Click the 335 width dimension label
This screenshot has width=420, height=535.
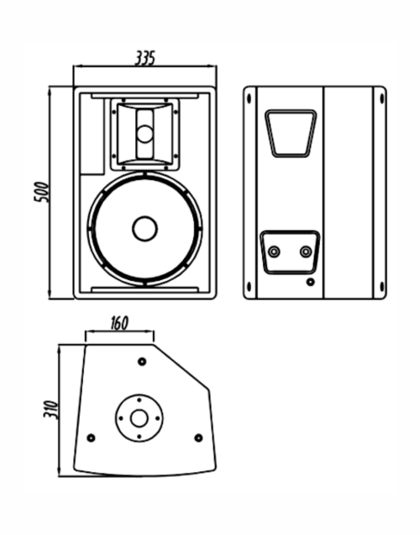point(145,58)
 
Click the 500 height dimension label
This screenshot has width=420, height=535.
point(41,192)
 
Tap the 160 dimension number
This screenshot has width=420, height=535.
point(119,323)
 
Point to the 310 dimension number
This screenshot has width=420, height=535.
point(51,409)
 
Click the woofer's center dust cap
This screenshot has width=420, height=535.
point(144,229)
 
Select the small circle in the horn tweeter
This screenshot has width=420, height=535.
point(145,134)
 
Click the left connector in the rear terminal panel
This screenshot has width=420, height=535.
point(274,252)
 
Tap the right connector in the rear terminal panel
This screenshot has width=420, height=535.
point(306,252)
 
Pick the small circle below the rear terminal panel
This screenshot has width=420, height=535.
point(310,282)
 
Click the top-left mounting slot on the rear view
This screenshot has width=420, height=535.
point(249,98)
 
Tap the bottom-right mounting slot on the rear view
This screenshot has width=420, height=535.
point(381,287)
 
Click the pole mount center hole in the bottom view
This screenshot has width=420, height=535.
point(139,418)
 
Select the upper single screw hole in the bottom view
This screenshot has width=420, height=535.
point(142,362)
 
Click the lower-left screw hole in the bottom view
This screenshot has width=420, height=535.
point(91,437)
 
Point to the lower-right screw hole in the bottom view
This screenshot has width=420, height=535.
point(198,437)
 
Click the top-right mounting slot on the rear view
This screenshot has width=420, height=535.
point(381,98)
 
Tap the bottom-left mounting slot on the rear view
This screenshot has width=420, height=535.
point(249,287)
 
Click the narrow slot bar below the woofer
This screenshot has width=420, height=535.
point(145,289)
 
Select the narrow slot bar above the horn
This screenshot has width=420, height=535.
point(145,96)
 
